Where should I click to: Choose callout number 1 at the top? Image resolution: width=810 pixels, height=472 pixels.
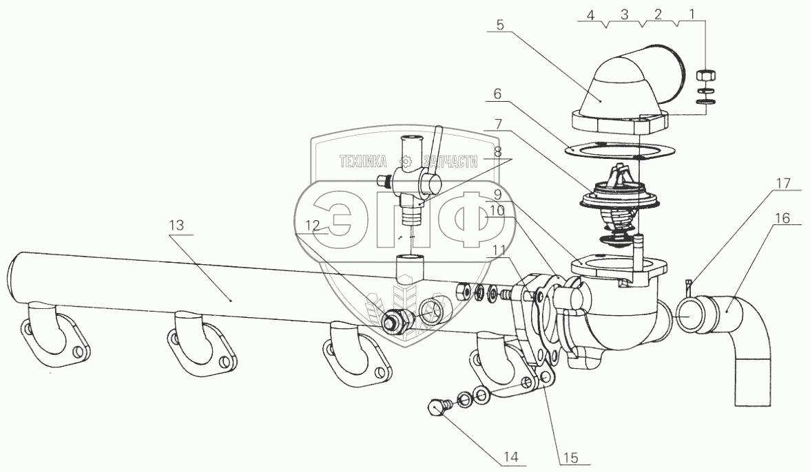pos(693,13)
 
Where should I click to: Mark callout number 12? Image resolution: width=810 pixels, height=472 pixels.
pos(313,225)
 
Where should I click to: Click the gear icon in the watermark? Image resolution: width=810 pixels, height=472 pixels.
pos(406,162)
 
